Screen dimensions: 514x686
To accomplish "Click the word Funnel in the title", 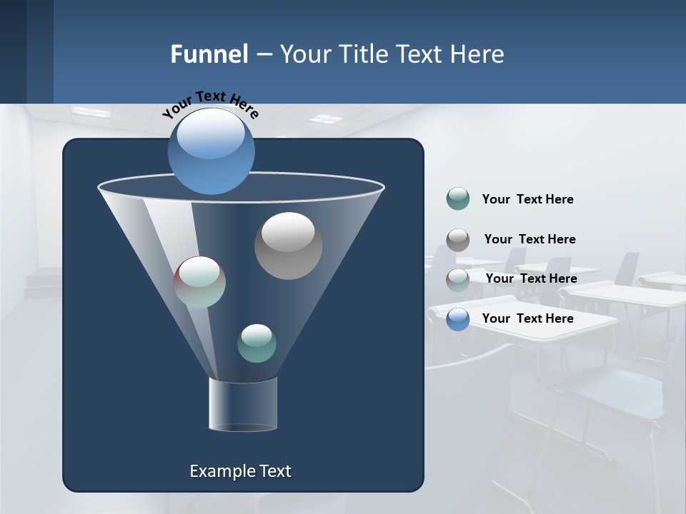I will (209, 54).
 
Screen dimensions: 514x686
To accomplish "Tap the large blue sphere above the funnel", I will (212, 151).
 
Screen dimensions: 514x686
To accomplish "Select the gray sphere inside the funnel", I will (288, 246).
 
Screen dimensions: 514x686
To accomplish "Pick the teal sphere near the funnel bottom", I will (257, 343).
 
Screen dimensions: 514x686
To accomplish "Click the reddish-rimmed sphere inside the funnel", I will (200, 282).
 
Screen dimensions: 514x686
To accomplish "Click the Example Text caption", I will (240, 471).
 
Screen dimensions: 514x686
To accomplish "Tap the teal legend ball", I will (458, 198).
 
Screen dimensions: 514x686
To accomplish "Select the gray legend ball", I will (458, 240).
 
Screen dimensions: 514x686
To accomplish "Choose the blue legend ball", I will (458, 319).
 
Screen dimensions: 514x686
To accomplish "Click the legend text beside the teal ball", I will (527, 199).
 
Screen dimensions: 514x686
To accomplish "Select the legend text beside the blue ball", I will (527, 318).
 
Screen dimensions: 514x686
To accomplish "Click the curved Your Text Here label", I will (210, 104).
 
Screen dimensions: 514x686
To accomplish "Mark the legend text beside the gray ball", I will (530, 239).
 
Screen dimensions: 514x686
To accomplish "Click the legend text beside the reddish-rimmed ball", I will (531, 278).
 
